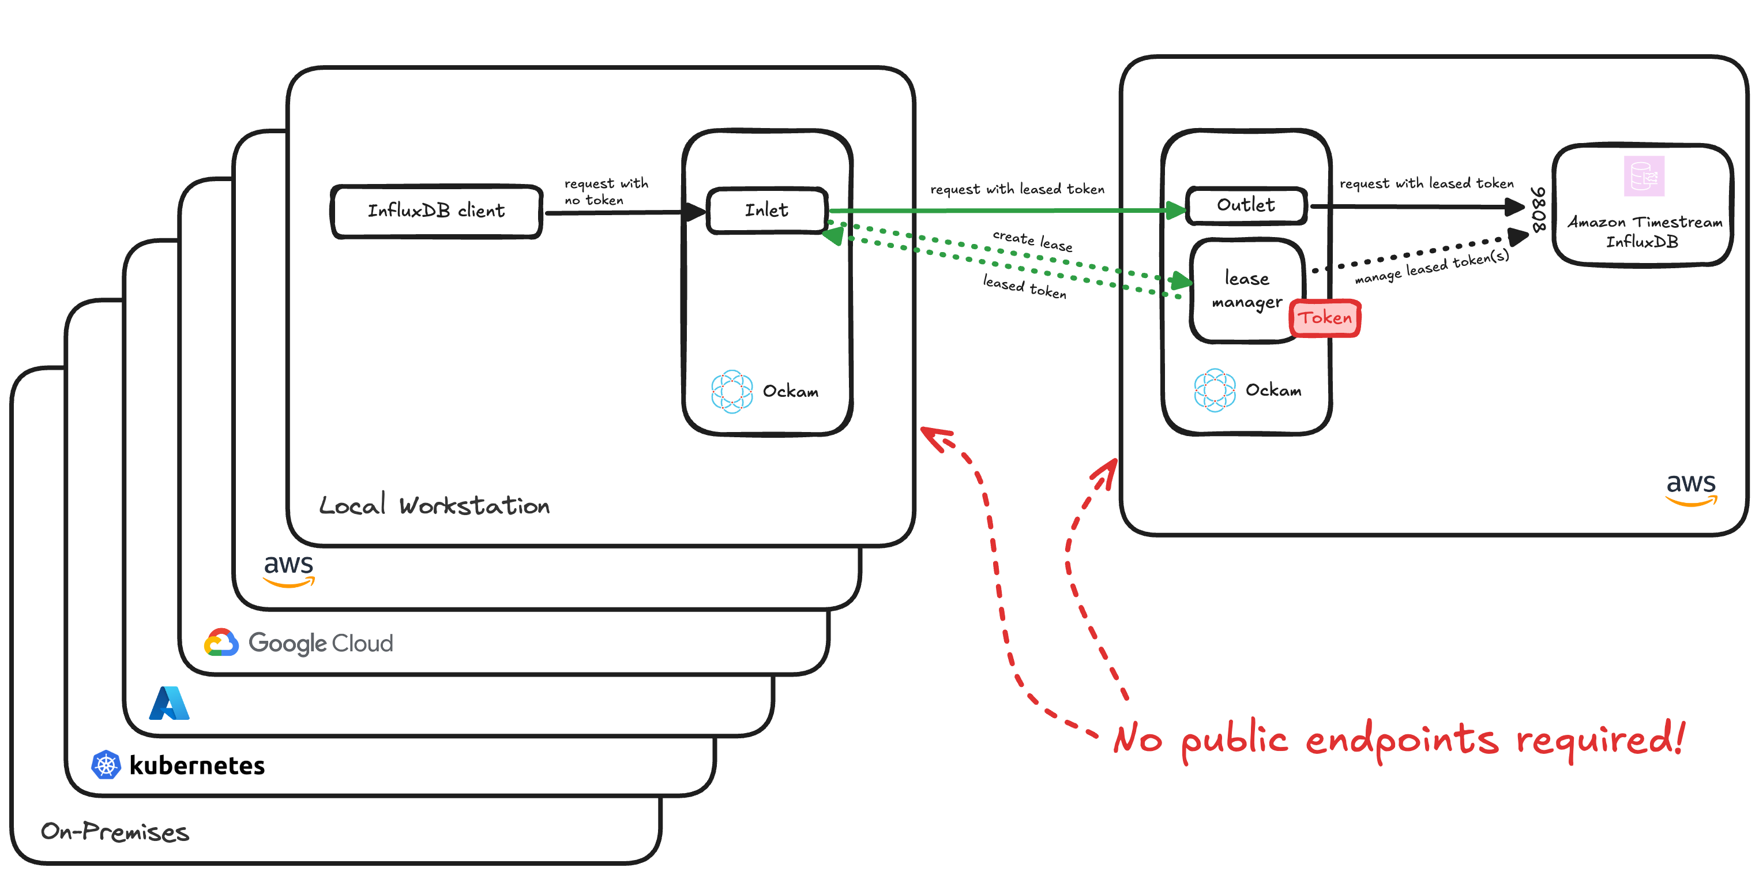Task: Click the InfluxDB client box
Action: (437, 211)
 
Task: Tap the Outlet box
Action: (1246, 205)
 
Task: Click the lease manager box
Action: (1246, 290)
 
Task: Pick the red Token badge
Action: (1325, 318)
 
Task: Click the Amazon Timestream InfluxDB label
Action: (1644, 231)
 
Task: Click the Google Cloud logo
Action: (221, 643)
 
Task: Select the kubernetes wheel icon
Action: (106, 765)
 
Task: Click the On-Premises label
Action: (115, 832)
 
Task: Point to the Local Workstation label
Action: (434, 505)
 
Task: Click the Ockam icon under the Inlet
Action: (732, 392)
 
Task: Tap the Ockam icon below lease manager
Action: (1215, 390)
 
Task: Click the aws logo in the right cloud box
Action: (1691, 489)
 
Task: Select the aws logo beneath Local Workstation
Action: (289, 570)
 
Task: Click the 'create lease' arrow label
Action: (1032, 241)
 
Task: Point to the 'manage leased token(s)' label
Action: (1432, 267)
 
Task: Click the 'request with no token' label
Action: (605, 192)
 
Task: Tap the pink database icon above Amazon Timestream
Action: (1644, 175)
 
